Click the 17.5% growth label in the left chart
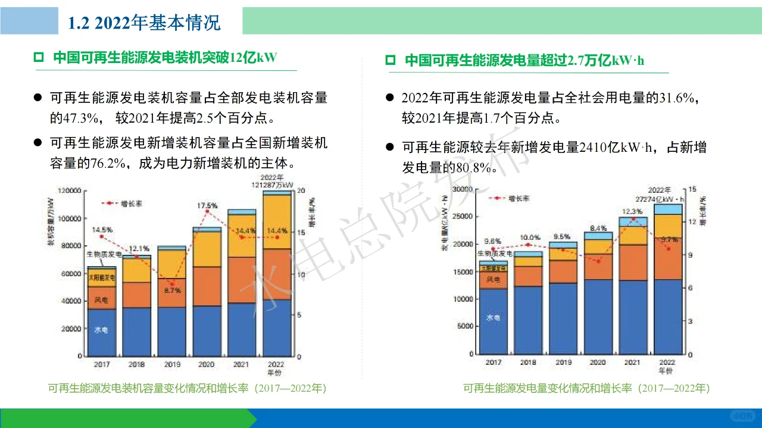[207, 206]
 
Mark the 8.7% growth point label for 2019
[172, 290]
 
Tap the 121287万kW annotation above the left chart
[273, 185]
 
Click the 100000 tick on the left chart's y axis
[68, 218]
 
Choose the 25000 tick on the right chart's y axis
[463, 217]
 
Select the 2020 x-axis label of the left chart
[206, 364]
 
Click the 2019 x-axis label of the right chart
[563, 362]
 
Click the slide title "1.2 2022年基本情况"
[144, 23]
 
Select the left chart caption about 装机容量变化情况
[187, 388]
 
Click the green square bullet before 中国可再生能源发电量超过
[391, 60]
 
